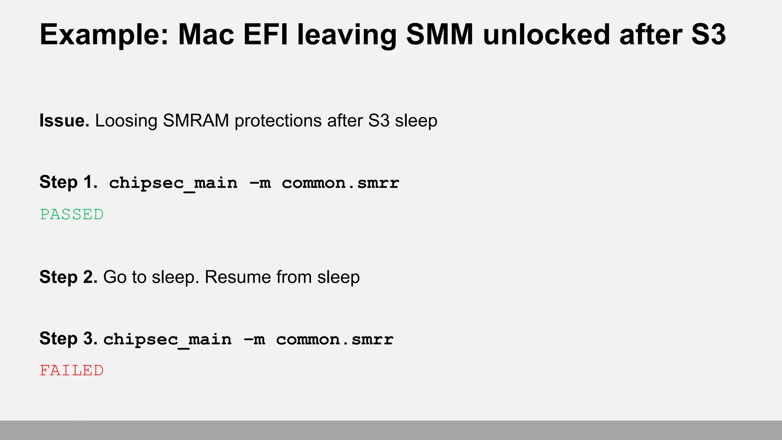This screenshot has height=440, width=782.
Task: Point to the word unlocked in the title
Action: (546, 35)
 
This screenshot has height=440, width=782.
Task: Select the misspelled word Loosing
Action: (126, 121)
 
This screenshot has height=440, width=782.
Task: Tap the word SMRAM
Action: (196, 121)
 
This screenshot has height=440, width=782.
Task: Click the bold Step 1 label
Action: (68, 182)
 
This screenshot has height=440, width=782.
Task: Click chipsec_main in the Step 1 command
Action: (173, 183)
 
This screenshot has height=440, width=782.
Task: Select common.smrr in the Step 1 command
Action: (341, 183)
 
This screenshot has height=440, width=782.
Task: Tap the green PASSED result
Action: (72, 215)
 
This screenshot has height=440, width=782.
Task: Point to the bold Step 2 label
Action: (68, 277)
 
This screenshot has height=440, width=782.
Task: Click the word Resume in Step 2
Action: (238, 277)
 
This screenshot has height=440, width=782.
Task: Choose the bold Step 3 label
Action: (68, 338)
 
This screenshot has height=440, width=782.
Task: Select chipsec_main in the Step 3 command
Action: (167, 340)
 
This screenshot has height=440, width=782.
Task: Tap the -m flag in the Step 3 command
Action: (254, 340)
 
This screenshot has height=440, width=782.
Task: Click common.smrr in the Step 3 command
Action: (335, 340)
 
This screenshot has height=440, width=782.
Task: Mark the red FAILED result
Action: (72, 371)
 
